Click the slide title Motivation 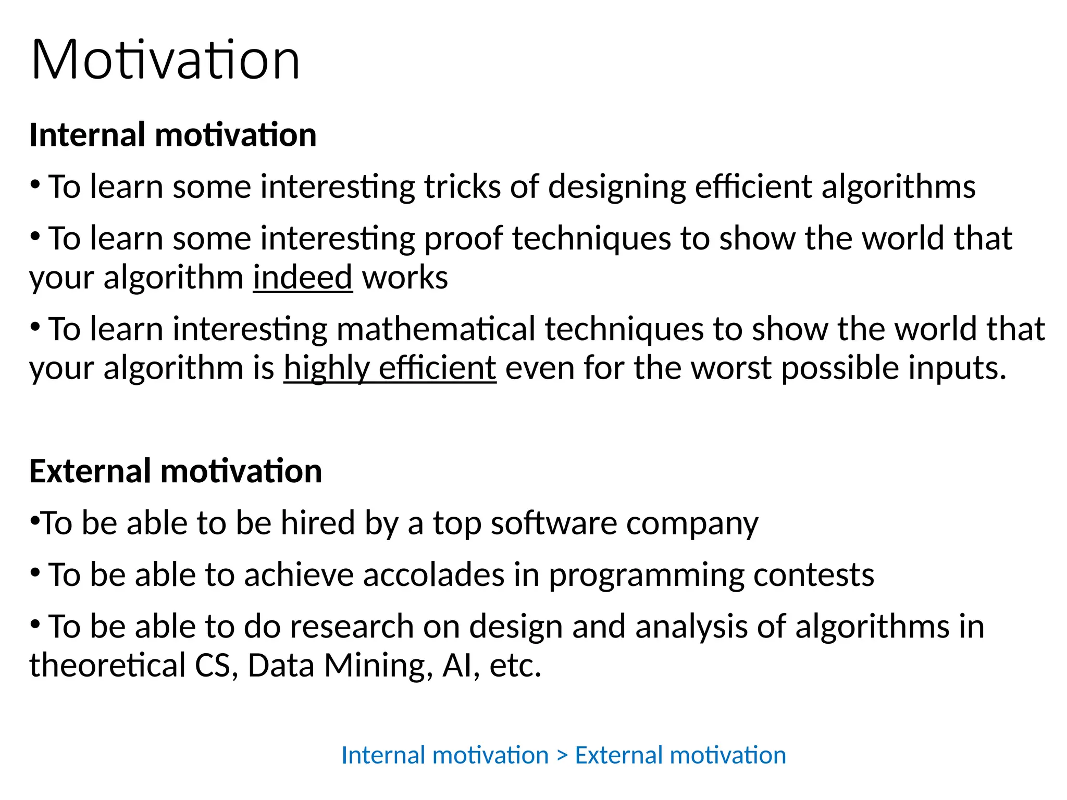(166, 60)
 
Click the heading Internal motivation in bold (173, 135)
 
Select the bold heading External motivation (176, 471)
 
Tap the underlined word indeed (303, 277)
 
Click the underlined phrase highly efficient (390, 368)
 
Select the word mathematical (436, 329)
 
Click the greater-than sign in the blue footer (562, 756)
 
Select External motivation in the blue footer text (680, 755)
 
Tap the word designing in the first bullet (616, 187)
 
